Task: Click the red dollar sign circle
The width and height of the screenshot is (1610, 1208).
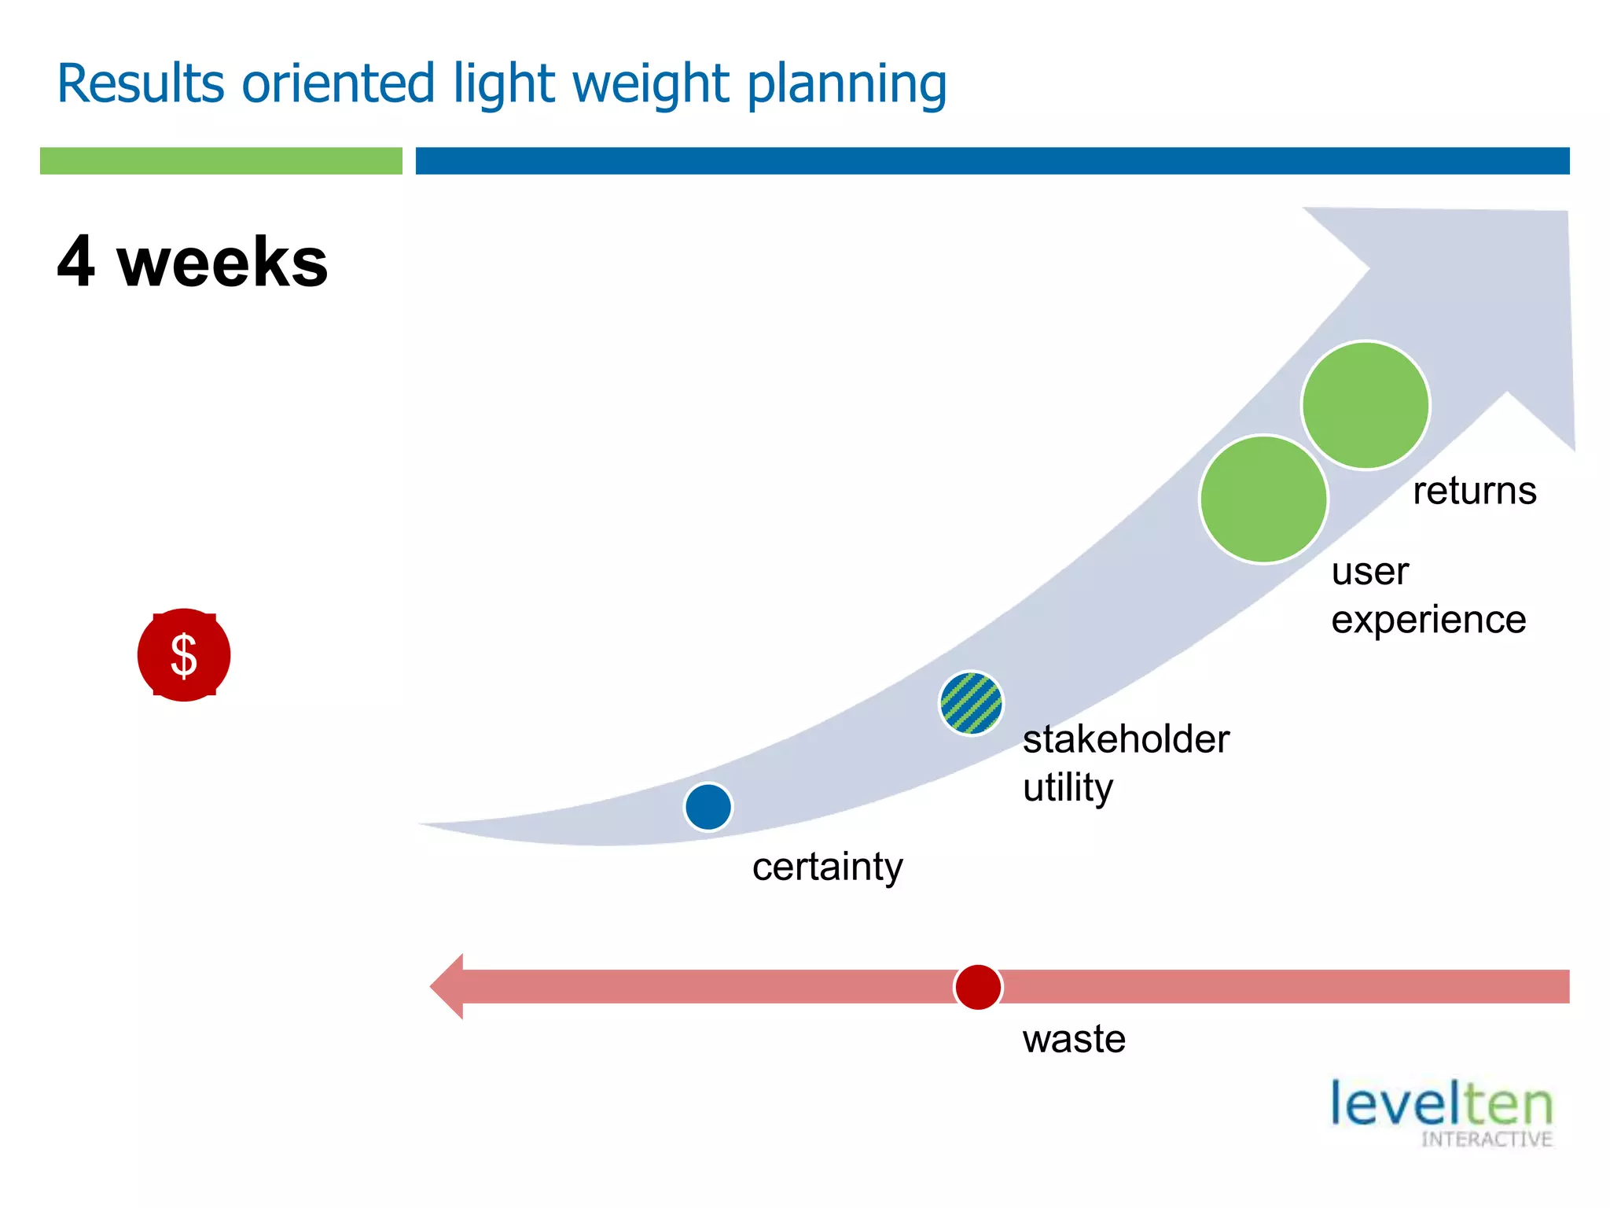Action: [x=184, y=655]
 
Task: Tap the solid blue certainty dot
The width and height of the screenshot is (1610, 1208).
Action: [x=708, y=807]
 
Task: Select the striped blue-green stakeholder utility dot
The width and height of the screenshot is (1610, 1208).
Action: [x=972, y=703]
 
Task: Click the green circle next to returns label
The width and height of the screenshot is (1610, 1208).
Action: [x=1366, y=405]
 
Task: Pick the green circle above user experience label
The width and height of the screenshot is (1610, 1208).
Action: [x=1263, y=499]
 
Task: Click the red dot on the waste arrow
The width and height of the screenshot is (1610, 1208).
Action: [x=978, y=987]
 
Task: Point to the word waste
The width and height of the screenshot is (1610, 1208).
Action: [x=1074, y=1040]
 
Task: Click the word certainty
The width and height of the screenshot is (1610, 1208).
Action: [x=827, y=867]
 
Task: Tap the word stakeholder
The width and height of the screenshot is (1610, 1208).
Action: [x=1126, y=740]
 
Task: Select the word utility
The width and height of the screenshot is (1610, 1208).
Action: [x=1068, y=788]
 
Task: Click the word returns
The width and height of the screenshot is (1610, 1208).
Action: [x=1474, y=492]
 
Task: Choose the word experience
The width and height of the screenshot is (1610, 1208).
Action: [x=1428, y=620]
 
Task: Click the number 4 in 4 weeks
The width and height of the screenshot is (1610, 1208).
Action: [x=76, y=262]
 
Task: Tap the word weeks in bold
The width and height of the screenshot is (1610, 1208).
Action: [x=222, y=262]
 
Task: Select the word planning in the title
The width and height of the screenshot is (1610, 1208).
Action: [x=847, y=85]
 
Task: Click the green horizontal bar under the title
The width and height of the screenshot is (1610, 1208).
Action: [x=221, y=160]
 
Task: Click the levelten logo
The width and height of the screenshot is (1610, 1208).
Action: [x=1441, y=1105]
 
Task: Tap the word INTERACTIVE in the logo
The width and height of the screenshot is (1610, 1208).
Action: [x=1486, y=1140]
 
